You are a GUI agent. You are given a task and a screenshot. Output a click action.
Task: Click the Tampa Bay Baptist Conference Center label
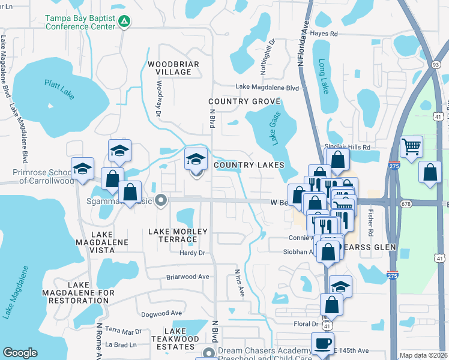(80, 22)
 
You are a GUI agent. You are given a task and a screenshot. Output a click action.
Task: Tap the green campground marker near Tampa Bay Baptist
(124, 22)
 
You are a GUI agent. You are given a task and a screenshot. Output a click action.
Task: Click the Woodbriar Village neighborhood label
(170, 68)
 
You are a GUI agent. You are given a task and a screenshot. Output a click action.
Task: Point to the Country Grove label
(244, 101)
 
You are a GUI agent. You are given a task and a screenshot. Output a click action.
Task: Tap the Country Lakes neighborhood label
(248, 164)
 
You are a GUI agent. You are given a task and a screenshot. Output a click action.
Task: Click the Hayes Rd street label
(325, 34)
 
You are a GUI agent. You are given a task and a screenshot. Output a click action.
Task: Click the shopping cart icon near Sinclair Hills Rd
(411, 147)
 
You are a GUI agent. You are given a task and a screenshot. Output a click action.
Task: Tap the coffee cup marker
(322, 344)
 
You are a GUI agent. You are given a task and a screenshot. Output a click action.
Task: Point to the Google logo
(20, 353)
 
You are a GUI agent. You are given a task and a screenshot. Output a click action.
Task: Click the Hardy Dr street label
(193, 253)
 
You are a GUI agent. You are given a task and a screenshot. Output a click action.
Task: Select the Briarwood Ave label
(187, 277)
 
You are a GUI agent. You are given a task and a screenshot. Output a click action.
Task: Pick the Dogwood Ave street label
(161, 313)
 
